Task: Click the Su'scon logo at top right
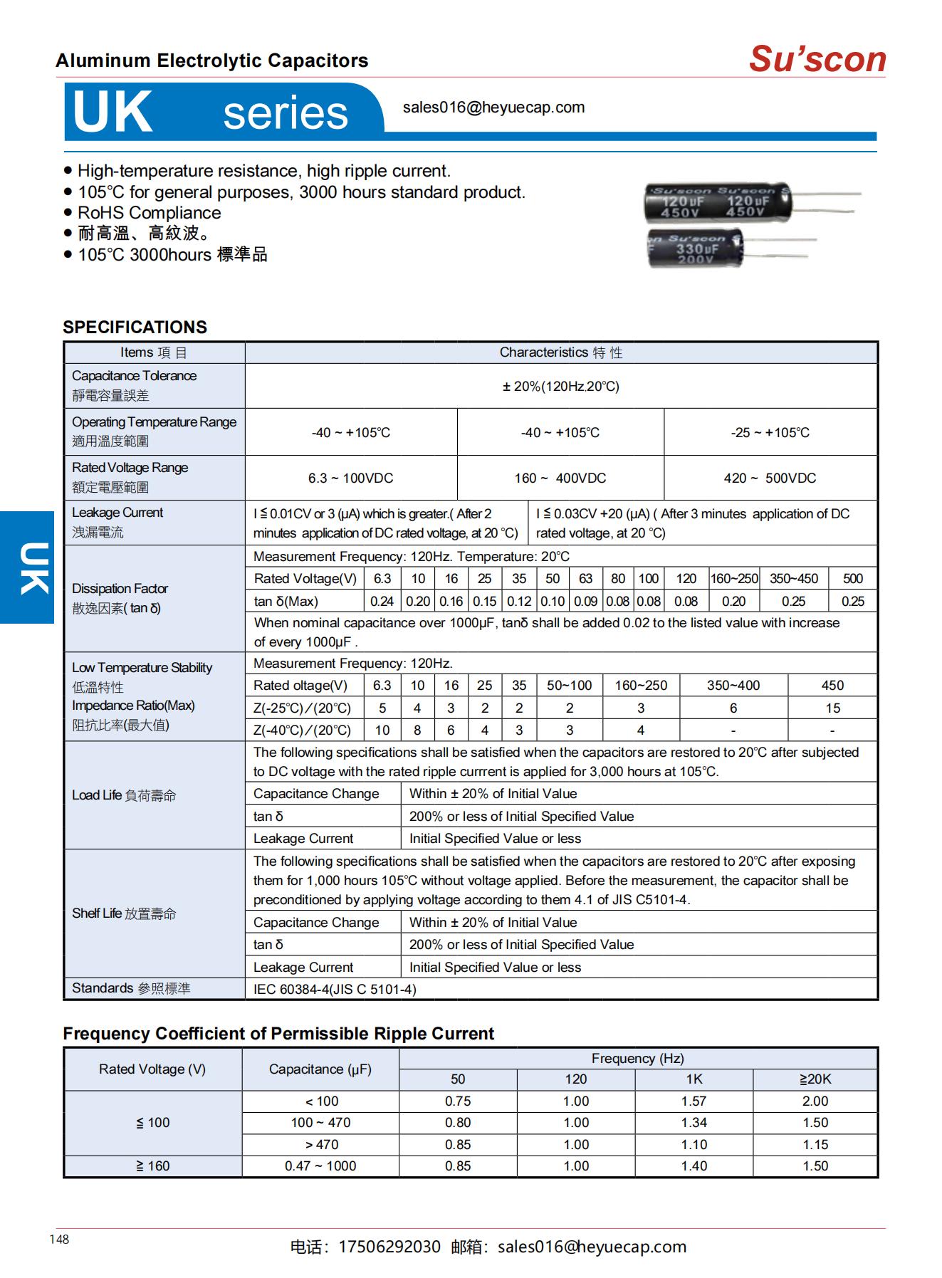[817, 59]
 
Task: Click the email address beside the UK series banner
[493, 108]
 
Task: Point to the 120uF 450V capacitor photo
[717, 201]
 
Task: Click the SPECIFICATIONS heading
[135, 327]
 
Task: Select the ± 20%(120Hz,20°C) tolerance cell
[560, 387]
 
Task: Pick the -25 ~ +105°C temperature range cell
[770, 432]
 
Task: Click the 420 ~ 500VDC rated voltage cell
[770, 478]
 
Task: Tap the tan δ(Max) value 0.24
[382, 601]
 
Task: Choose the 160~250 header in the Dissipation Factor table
[734, 579]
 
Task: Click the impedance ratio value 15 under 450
[832, 708]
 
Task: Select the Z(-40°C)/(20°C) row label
[303, 730]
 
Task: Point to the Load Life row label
[124, 795]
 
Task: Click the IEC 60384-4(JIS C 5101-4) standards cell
[335, 989]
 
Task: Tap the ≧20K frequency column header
[815, 1079]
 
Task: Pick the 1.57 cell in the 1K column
[694, 1101]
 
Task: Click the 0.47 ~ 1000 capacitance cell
[320, 1166]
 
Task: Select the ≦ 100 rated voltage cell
[153, 1123]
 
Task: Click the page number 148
[59, 1240]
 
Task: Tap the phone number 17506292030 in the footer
[389, 1247]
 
